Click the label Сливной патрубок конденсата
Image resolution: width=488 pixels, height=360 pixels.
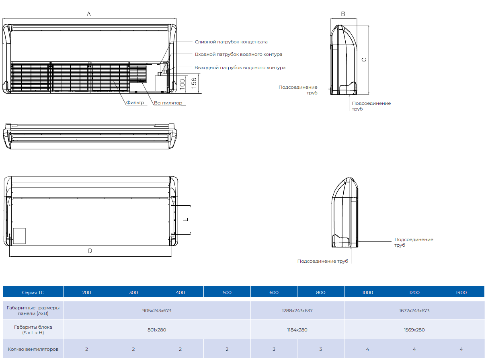click(x=231, y=42)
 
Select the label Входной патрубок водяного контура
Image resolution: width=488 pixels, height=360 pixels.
click(x=238, y=54)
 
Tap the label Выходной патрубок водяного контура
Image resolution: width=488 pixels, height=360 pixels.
click(x=240, y=67)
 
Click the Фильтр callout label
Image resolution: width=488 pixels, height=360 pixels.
click(x=135, y=102)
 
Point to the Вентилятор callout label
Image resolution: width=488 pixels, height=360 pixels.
click(x=168, y=103)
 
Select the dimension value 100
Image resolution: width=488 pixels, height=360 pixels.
click(x=182, y=84)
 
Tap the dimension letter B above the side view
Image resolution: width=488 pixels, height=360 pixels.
click(x=343, y=14)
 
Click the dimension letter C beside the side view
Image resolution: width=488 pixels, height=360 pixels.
click(x=364, y=60)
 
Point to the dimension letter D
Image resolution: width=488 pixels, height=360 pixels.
click(x=90, y=251)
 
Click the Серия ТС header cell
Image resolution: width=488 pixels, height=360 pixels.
click(x=33, y=292)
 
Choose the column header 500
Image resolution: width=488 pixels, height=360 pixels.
click(x=227, y=292)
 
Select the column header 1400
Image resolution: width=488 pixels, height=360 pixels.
click(x=461, y=292)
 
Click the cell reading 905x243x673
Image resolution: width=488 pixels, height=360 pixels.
click(x=157, y=311)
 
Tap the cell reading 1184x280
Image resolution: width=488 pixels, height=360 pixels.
click(x=297, y=330)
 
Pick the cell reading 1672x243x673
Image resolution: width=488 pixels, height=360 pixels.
click(x=414, y=311)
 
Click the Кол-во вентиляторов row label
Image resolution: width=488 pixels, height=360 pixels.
click(x=33, y=349)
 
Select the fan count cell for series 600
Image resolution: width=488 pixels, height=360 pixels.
click(x=274, y=349)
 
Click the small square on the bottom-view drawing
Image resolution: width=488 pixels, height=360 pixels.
click(x=19, y=235)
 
